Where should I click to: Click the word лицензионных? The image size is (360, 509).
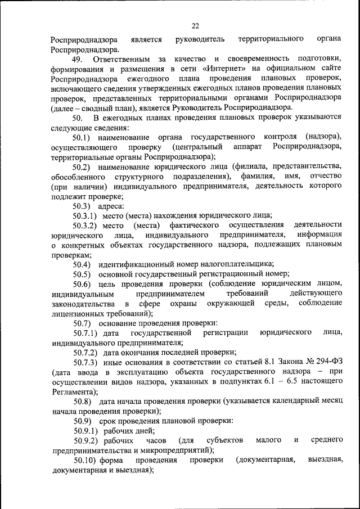coord(77,313)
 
